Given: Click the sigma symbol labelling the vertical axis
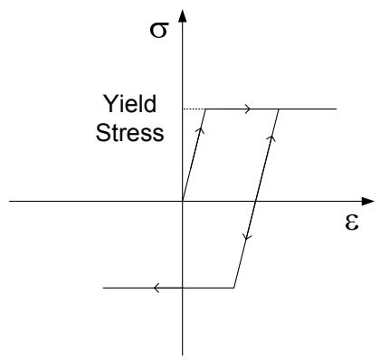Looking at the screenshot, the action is pyautogui.click(x=159, y=30).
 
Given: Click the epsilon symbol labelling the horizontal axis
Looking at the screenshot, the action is pyautogui.click(x=352, y=223).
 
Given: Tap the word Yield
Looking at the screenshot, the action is pyautogui.click(x=130, y=104).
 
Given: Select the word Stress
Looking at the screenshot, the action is pyautogui.click(x=130, y=133).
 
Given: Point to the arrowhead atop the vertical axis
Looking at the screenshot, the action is pyautogui.click(x=183, y=15).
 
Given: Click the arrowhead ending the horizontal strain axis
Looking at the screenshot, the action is pyautogui.click(x=368, y=201).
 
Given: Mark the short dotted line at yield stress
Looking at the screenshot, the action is pyautogui.click(x=194, y=109).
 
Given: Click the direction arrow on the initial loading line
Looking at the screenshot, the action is pyautogui.click(x=200, y=130).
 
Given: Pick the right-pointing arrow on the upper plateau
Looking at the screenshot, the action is pyautogui.click(x=248, y=109).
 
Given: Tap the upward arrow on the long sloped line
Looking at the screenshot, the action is pyautogui.click(x=271, y=138).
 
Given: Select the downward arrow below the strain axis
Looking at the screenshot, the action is pyautogui.click(x=247, y=237).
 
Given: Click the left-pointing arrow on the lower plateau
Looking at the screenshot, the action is pyautogui.click(x=157, y=288).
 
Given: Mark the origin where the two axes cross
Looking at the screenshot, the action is pyautogui.click(x=183, y=201).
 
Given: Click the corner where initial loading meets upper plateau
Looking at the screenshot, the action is pyautogui.click(x=205, y=109).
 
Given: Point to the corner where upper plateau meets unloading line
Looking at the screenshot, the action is pyautogui.click(x=279, y=109).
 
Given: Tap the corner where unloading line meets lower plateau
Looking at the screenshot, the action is pyautogui.click(x=234, y=288).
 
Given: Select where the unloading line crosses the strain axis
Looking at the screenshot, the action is pyautogui.click(x=256, y=201).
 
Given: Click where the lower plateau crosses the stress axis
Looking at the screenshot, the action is pyautogui.click(x=183, y=288).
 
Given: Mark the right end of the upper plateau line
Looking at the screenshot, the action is pyautogui.click(x=336, y=109).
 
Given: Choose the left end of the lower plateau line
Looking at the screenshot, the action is pyautogui.click(x=103, y=288).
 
